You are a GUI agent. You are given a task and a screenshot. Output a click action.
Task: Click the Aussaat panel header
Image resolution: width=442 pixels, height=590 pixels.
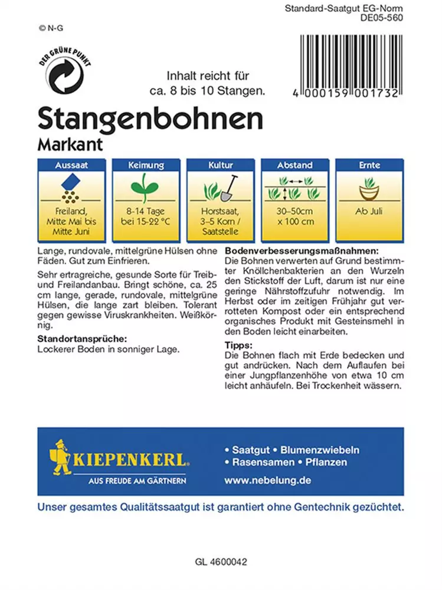tap(71, 166)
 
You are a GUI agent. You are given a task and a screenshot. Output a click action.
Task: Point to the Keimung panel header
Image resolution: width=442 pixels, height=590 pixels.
tap(145, 166)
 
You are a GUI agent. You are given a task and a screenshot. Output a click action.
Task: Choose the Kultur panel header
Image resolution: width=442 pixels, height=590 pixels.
tap(220, 166)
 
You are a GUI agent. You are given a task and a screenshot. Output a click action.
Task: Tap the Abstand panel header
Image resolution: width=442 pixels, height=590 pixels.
tap(295, 166)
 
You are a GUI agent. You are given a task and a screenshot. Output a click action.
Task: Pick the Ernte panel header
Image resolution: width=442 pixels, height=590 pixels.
tap(369, 166)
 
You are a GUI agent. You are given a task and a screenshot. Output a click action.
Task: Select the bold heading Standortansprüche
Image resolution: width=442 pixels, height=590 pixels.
tap(83, 339)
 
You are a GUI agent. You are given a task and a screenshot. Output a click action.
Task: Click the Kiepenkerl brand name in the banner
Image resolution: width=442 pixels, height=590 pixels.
tap(130, 458)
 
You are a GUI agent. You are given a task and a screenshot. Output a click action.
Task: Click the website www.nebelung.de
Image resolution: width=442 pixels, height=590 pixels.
tap(267, 480)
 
